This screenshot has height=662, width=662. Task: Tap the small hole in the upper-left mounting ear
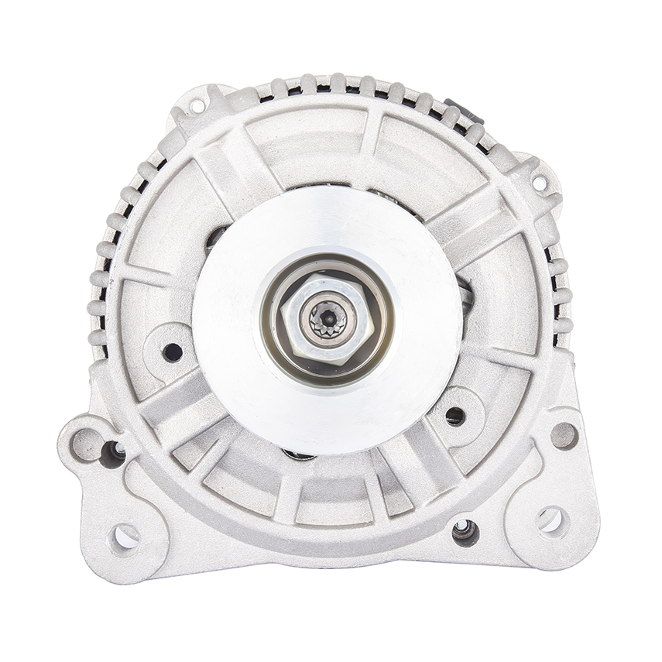197,105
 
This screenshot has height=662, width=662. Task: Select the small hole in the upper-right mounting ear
538,183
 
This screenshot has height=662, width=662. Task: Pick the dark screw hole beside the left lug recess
113,453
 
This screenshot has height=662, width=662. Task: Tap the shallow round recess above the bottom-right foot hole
564,435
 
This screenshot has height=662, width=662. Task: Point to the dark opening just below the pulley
300,455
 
